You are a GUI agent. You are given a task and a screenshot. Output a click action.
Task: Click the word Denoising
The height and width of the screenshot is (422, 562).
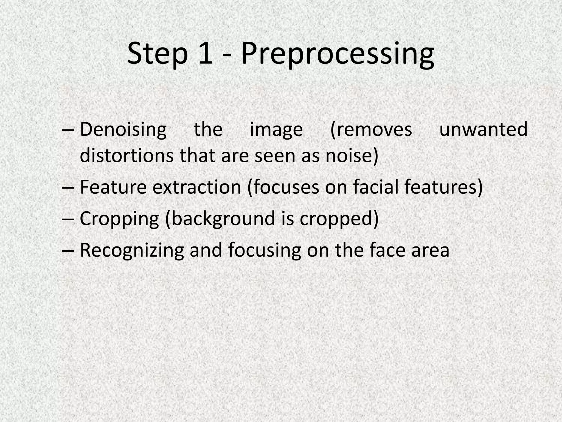pyautogui.click(x=123, y=130)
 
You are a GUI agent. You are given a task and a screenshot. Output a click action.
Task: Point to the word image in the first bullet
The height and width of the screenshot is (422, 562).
pyautogui.click(x=276, y=130)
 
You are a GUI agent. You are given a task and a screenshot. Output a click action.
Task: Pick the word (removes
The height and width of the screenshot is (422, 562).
pyautogui.click(x=371, y=130)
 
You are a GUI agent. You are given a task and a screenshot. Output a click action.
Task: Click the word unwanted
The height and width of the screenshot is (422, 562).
pyautogui.click(x=483, y=130)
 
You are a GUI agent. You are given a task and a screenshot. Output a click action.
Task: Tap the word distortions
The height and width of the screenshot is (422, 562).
pyautogui.click(x=127, y=156)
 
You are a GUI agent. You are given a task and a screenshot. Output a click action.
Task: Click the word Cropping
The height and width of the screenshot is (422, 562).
pyautogui.click(x=119, y=219)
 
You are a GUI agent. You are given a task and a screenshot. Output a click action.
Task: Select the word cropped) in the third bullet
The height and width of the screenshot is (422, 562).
pyautogui.click(x=339, y=219)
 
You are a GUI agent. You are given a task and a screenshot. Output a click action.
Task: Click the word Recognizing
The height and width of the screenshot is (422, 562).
pyautogui.click(x=132, y=250)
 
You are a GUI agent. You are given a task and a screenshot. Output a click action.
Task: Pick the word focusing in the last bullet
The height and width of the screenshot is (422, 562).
pyautogui.click(x=265, y=250)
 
